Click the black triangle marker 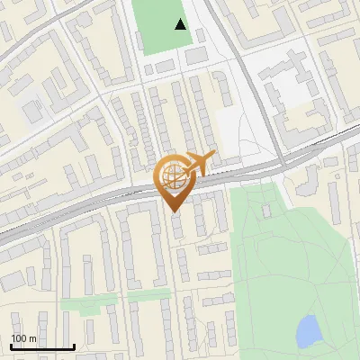[181, 24]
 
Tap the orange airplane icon [199, 163]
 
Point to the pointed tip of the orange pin [174, 212]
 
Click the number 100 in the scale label [19, 338]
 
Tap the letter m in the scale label [32, 338]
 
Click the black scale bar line [42, 347]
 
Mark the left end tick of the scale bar [12, 346]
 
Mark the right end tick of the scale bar [74, 346]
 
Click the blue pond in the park [308, 331]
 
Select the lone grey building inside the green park [266, 210]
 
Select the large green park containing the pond [288, 261]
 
